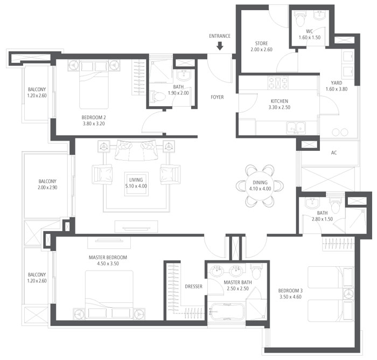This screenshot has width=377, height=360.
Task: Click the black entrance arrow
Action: point(220,46)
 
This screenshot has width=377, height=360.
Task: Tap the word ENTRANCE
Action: point(220,36)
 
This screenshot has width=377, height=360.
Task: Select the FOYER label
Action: point(217,97)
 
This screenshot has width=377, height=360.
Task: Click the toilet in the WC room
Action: point(300,18)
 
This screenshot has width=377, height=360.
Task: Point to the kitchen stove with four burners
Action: point(278,83)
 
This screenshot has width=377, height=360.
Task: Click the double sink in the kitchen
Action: point(296,128)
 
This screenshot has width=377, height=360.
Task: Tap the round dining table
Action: point(260,186)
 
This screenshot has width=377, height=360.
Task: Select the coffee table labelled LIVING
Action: point(136,184)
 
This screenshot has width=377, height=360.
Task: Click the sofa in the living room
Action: point(136,150)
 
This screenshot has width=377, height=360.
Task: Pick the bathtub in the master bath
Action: point(227,311)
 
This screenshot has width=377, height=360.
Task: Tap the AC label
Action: point(334,153)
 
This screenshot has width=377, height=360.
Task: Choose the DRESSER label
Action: point(193,287)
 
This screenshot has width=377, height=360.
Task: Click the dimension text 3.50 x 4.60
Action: point(290,297)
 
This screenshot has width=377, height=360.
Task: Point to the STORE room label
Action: point(261,44)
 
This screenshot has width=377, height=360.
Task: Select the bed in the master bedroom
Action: point(109,295)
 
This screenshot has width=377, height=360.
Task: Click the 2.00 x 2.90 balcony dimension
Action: point(47,188)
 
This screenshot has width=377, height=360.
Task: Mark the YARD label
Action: point(337,83)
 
